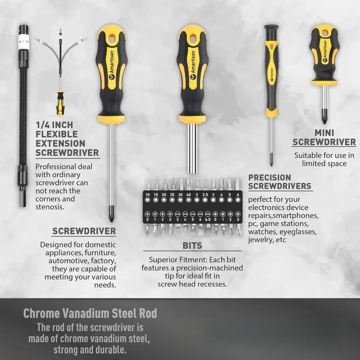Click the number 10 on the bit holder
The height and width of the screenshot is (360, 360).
[147, 194]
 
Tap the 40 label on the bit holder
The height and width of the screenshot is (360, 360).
[189, 194]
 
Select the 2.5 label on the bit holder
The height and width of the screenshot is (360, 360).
[205, 194]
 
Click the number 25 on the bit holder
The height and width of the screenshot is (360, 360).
[172, 194]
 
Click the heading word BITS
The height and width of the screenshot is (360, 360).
[192, 246]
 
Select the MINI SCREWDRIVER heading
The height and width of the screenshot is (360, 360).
[324, 137]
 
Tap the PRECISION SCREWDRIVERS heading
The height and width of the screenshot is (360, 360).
[279, 181]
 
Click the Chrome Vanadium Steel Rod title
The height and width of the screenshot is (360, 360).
[90, 313]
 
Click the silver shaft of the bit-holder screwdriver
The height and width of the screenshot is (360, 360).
[192, 148]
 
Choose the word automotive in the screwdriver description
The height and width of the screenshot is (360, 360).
[71, 261]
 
